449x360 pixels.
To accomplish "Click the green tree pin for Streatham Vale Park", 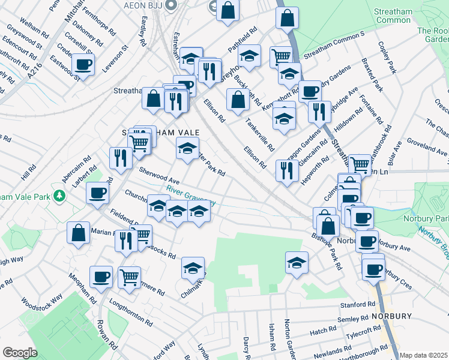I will pyautogui.click(x=59, y=196).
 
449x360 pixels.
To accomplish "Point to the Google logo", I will pyautogui.click(x=20, y=353).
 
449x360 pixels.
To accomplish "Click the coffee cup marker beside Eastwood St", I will pyautogui.click(x=83, y=65).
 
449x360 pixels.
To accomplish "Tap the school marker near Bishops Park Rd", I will pyautogui.click(x=297, y=262).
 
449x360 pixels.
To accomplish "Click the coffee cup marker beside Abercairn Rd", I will pyautogui.click(x=97, y=193).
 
